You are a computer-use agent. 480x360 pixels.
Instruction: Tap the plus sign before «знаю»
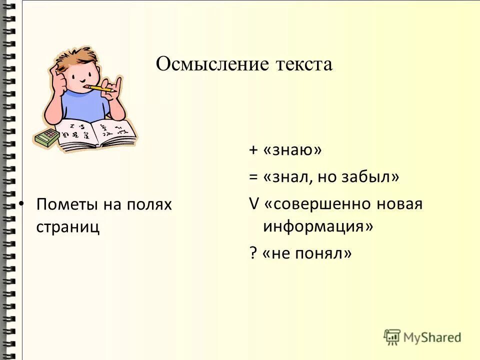(253, 150)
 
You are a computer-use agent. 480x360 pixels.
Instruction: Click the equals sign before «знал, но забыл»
(253, 177)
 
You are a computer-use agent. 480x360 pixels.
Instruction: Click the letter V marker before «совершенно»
(253, 204)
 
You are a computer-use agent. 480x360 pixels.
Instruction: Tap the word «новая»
(401, 204)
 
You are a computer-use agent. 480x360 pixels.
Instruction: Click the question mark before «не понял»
(252, 253)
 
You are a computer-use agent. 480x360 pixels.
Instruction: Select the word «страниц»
(67, 226)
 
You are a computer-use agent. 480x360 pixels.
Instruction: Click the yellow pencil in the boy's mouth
(98, 88)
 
